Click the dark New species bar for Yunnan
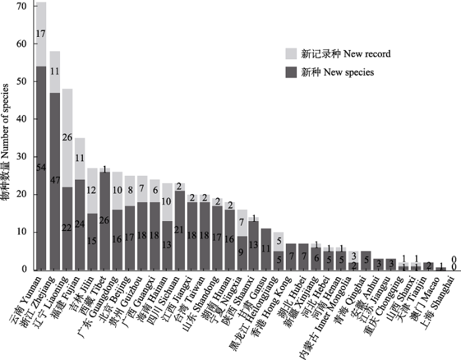click(41, 168)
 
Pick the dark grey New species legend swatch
click(290, 72)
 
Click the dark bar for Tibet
click(105, 220)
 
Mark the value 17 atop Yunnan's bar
click(41, 32)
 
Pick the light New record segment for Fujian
click(79, 159)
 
